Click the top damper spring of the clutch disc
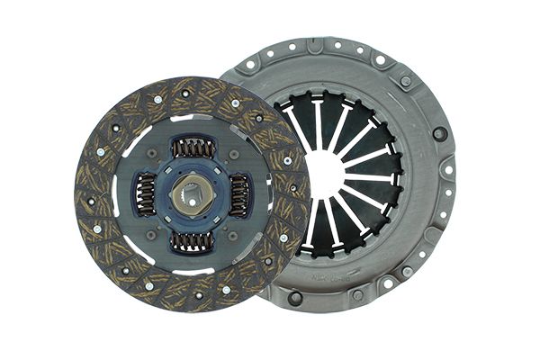[193, 147]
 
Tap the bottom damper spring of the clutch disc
[193, 240]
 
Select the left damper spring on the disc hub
[145, 194]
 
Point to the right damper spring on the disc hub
[240, 193]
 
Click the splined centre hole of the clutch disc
[193, 193]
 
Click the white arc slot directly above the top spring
[193, 117]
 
